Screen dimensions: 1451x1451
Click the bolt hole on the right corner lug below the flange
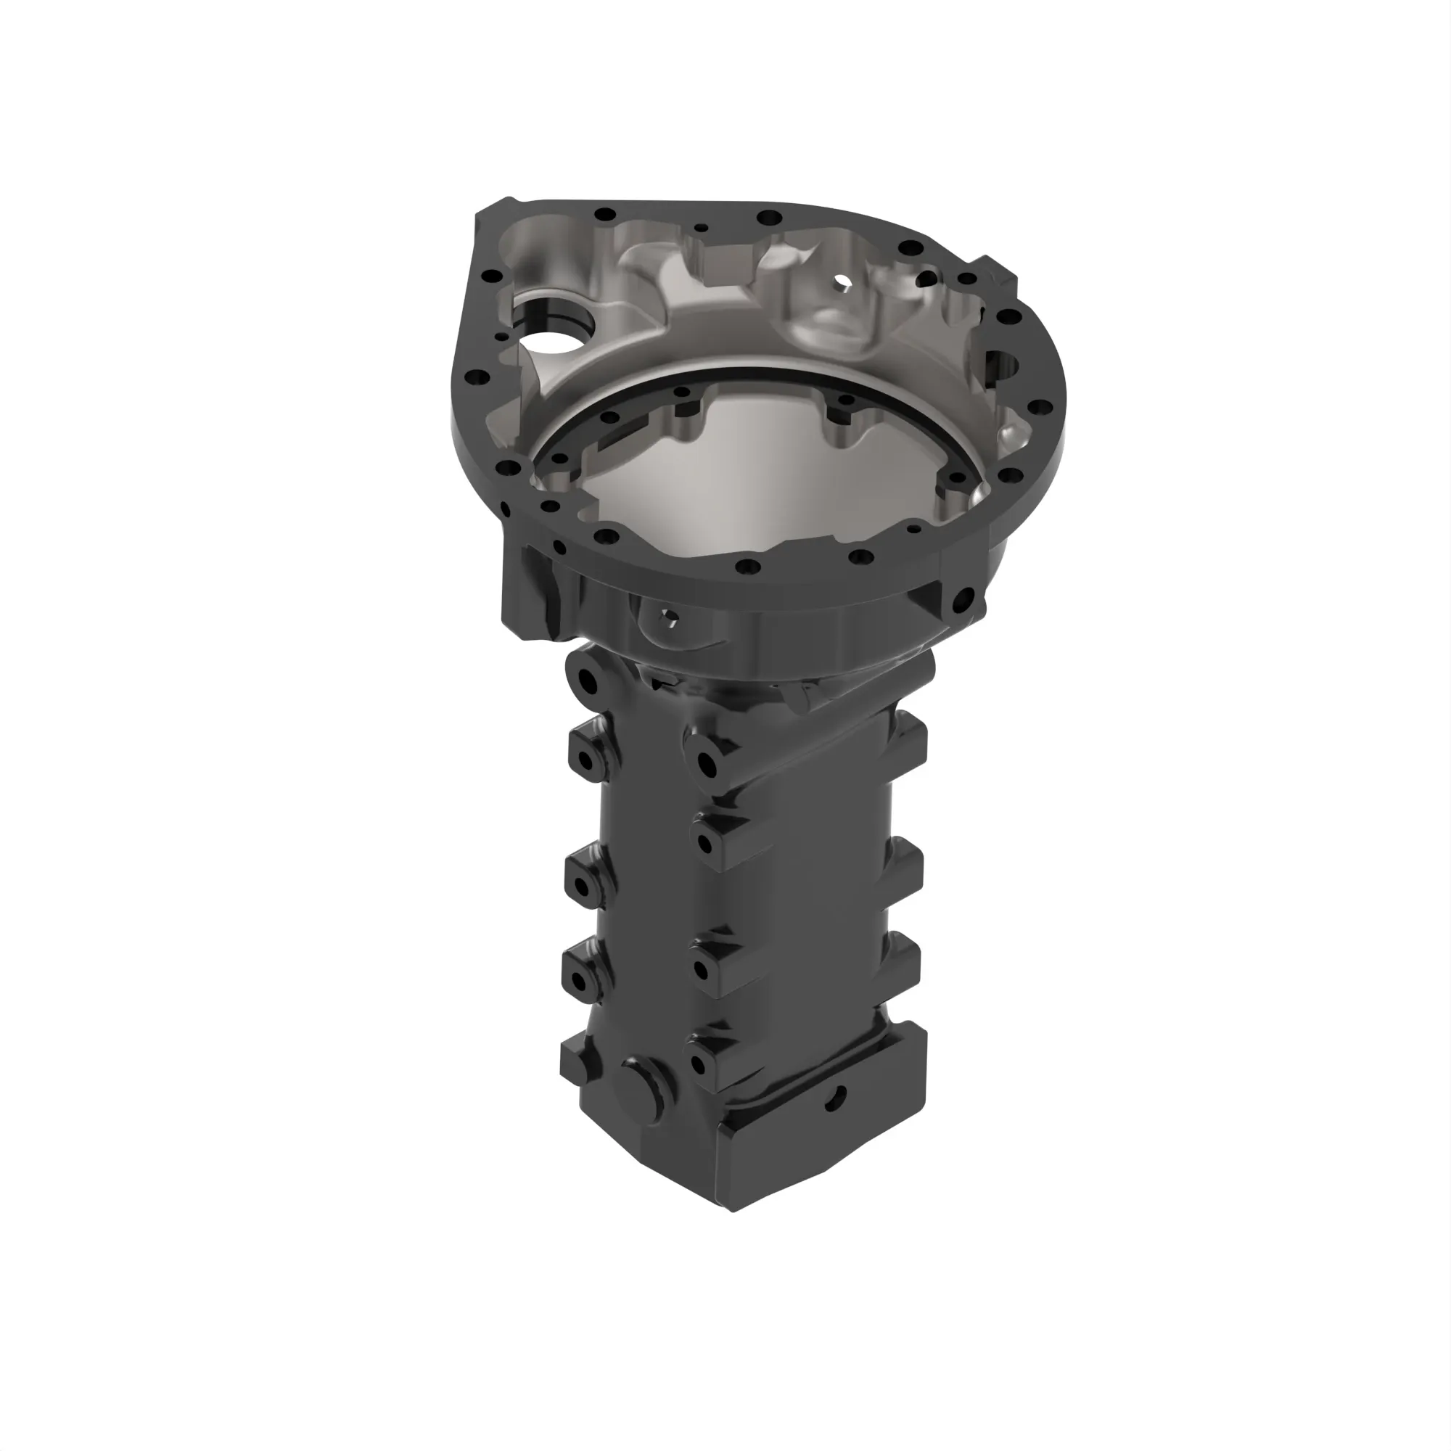coord(963,599)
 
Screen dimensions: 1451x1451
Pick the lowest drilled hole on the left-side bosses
coord(579,981)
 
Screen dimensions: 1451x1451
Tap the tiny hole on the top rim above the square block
coord(701,227)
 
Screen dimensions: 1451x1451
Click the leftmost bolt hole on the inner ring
coord(559,458)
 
